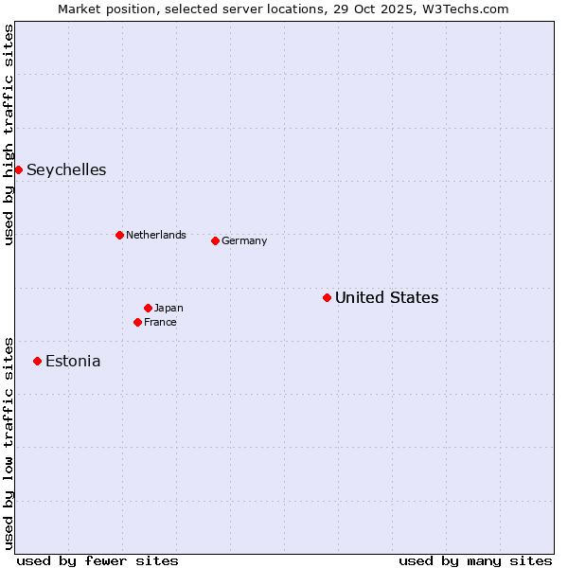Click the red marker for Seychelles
[x=18, y=169]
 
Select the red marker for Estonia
[x=37, y=361]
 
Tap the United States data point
[x=327, y=297]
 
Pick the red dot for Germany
[x=215, y=240]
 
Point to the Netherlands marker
[x=119, y=235]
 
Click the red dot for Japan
[x=148, y=308]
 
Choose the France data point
[x=137, y=322]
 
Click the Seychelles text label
[x=66, y=170]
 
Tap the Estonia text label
[x=73, y=362]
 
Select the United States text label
[x=386, y=298]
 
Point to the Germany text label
[x=244, y=241]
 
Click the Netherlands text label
[x=156, y=236]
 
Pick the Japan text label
[x=169, y=309]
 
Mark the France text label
[x=160, y=323]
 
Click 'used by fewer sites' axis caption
[x=98, y=560]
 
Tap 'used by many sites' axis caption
[x=475, y=560]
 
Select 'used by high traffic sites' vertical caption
[x=9, y=134]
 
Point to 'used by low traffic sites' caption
[x=9, y=443]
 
